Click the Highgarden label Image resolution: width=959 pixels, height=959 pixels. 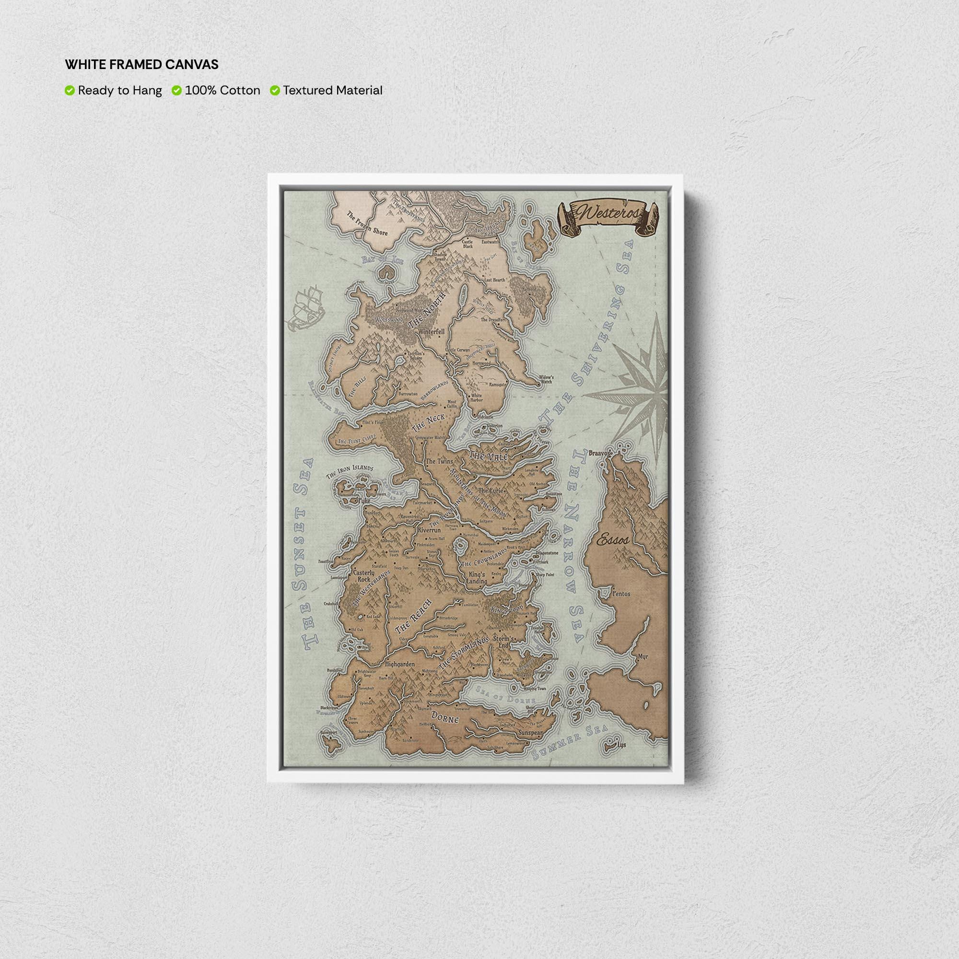click(399, 664)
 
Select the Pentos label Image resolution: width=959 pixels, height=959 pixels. click(621, 593)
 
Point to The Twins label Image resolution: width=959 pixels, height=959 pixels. click(439, 461)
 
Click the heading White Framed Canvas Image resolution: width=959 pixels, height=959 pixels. click(141, 65)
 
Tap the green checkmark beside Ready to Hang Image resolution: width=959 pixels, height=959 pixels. click(70, 90)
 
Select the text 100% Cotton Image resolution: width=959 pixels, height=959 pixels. click(222, 90)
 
